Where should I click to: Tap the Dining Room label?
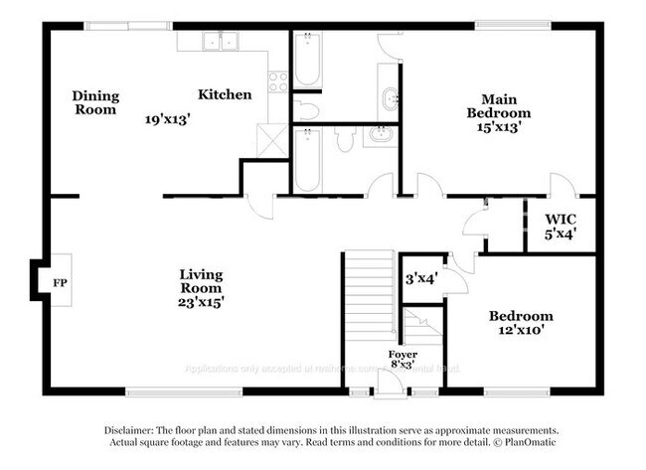[x=95, y=102]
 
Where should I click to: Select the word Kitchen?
[x=225, y=94]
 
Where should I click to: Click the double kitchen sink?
[x=221, y=42]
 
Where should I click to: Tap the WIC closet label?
[x=561, y=219]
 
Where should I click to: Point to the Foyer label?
[x=403, y=355]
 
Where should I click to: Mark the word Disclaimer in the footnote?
[x=134, y=429]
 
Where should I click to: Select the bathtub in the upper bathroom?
[x=307, y=61]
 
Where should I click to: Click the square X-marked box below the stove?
[x=270, y=140]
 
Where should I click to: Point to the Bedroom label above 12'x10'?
[x=520, y=316]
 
